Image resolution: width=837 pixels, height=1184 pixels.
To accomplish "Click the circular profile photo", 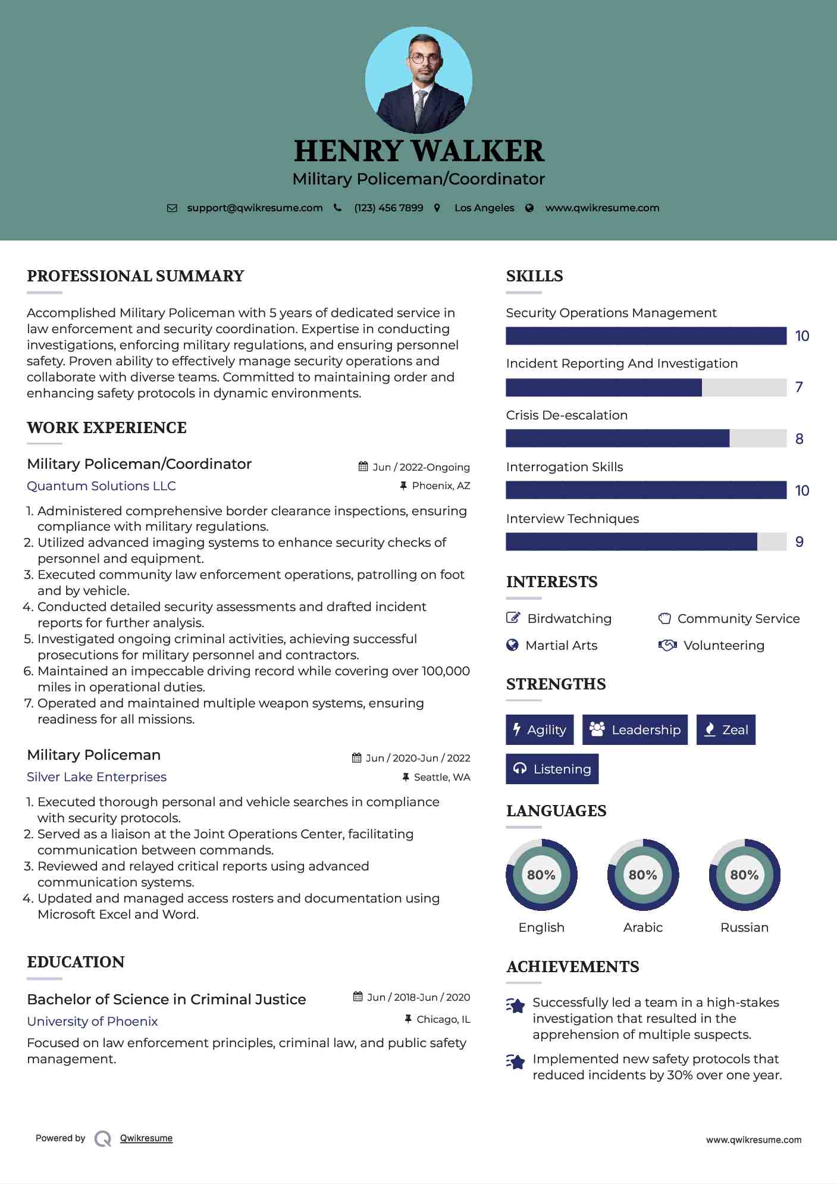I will (x=418, y=80).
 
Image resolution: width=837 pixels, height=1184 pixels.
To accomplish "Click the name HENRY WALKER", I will (x=419, y=151).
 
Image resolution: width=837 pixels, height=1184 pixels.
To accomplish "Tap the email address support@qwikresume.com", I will (x=255, y=208).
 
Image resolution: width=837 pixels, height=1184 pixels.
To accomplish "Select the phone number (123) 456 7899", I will (x=388, y=208).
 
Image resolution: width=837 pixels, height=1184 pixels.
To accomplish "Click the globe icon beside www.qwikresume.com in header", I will (x=529, y=208).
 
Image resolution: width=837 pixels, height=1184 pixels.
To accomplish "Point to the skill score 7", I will (x=799, y=387).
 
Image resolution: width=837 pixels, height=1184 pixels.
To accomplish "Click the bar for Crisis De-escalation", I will (x=645, y=438).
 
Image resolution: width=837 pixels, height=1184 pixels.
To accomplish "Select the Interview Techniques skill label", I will (x=572, y=519).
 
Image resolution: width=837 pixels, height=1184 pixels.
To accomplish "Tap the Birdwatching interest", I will (x=569, y=619).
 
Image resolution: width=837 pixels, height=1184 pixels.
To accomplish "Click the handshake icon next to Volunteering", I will (x=667, y=646).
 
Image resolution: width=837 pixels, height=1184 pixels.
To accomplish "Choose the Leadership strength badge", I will (x=635, y=730).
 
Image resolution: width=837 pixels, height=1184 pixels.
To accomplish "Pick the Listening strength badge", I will (x=552, y=769).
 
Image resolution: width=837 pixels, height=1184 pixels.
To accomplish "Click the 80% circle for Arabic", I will (x=642, y=875).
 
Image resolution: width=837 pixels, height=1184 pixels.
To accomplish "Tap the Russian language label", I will (x=744, y=928).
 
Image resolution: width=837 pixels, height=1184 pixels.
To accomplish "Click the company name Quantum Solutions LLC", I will (x=101, y=486).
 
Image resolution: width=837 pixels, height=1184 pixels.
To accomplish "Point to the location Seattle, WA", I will (x=441, y=777).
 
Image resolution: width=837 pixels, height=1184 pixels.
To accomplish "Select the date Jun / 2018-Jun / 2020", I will (x=418, y=997).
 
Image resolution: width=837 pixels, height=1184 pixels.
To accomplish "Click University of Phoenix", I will (x=92, y=1022).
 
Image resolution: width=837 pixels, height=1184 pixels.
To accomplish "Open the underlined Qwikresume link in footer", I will (x=146, y=1138).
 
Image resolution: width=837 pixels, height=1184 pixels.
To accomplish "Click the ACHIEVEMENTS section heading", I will (x=572, y=967).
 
